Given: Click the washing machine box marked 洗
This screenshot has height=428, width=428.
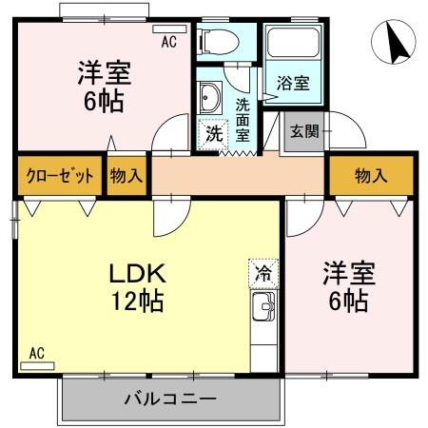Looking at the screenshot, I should [x=214, y=134].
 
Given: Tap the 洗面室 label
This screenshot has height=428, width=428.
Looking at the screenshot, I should [x=243, y=119].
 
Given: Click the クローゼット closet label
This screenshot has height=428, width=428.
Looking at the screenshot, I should [x=59, y=176].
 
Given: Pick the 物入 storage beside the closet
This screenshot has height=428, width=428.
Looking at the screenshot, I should [x=126, y=176].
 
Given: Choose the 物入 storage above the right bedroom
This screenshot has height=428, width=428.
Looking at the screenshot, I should [x=371, y=176].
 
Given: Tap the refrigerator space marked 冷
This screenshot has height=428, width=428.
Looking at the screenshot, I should [x=263, y=271].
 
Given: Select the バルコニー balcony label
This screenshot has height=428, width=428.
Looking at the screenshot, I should [x=170, y=398].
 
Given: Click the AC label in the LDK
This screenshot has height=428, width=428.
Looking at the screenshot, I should [x=35, y=353].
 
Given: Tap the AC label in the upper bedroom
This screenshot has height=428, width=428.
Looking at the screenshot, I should [x=167, y=42].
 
